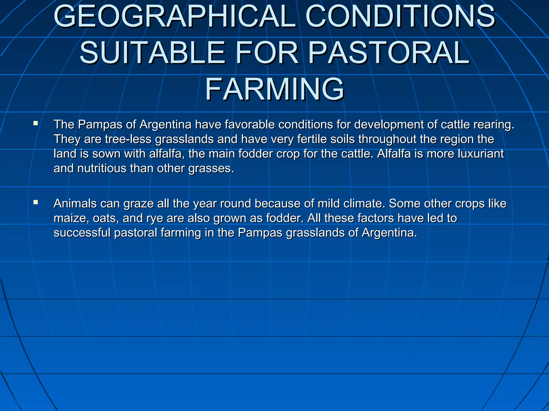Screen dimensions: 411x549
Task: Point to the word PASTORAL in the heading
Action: click(x=389, y=53)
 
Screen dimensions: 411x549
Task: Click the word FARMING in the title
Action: click(x=274, y=89)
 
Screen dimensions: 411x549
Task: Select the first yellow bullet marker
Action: click(x=36, y=123)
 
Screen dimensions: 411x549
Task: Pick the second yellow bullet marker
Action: click(x=36, y=202)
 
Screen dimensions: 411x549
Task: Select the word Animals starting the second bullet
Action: click(x=75, y=204)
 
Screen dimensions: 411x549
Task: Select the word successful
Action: click(x=82, y=233)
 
